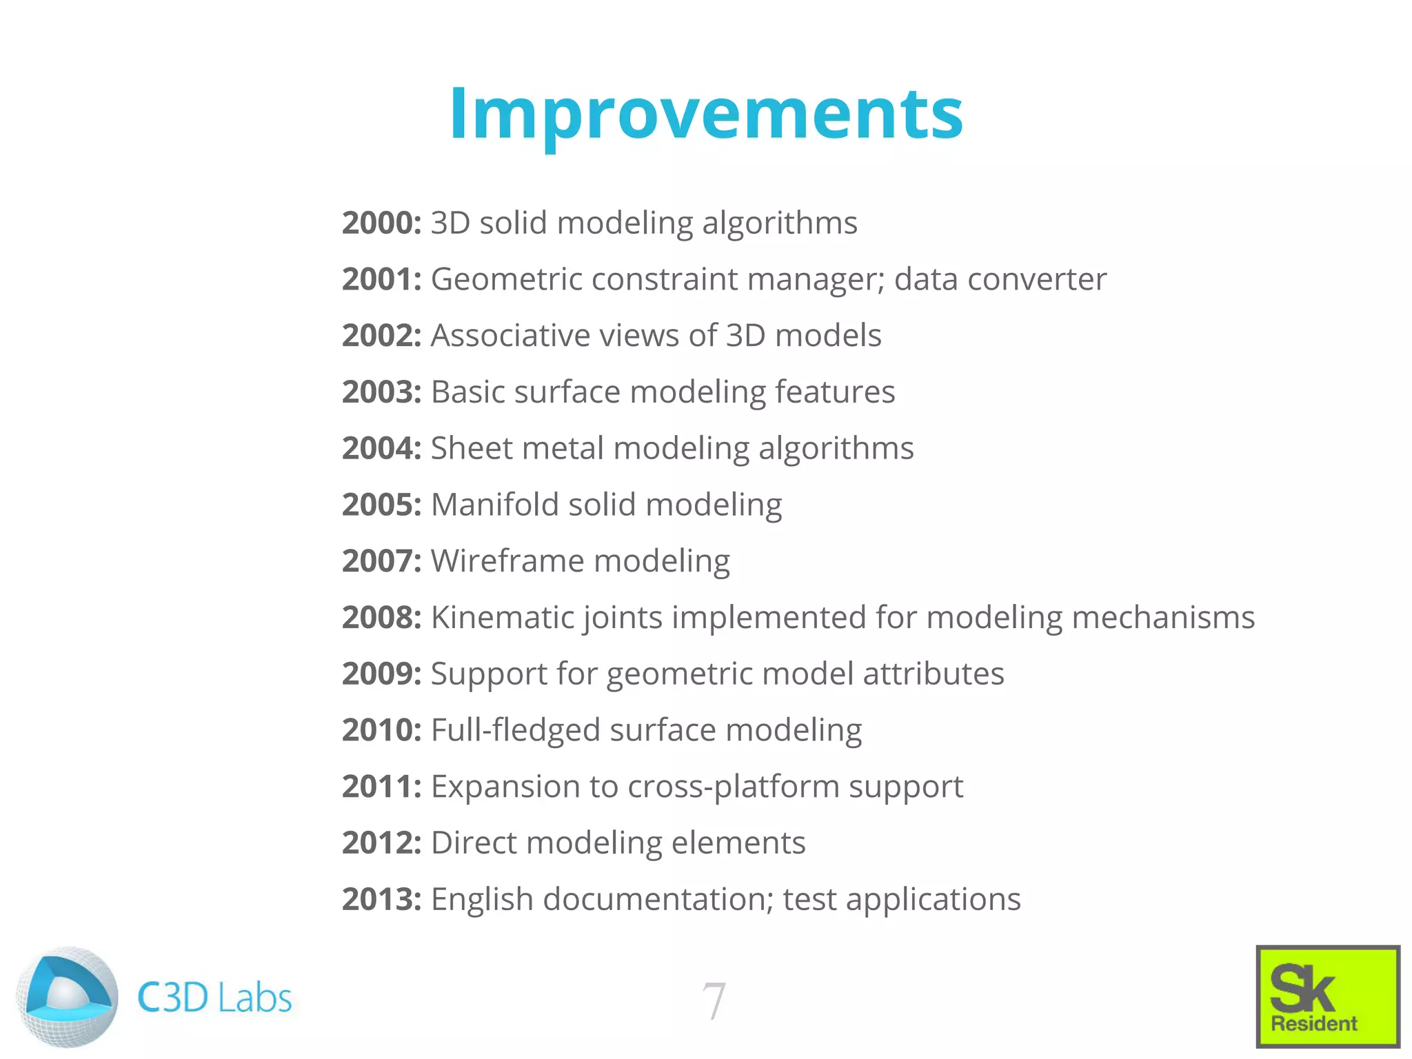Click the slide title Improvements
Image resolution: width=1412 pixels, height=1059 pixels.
tap(706, 114)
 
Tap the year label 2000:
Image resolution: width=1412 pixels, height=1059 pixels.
tap(381, 223)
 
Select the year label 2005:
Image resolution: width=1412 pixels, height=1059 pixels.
tap(381, 505)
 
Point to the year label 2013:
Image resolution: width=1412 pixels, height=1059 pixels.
tap(381, 899)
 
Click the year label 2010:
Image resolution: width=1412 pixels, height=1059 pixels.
tap(381, 730)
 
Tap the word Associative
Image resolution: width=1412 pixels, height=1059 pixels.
tap(510, 336)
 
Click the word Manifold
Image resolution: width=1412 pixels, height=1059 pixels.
tap(494, 505)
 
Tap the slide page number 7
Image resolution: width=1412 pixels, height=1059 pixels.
tap(714, 1000)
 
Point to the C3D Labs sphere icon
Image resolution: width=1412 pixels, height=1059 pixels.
tap(67, 996)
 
